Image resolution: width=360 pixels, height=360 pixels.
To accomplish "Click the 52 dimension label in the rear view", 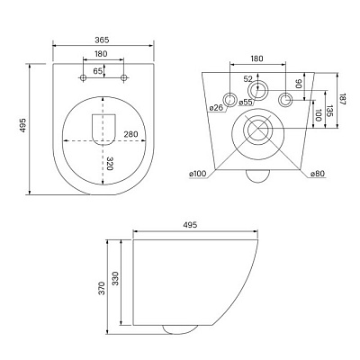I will [x=248, y=79].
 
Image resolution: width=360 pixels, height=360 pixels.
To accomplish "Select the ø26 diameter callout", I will [x=216, y=109].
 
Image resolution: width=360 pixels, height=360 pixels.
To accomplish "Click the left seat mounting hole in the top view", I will [x=83, y=79].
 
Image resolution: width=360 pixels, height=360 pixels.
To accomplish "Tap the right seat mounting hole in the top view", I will [x=124, y=79].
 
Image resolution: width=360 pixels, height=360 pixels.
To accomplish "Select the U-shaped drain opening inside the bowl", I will [x=103, y=130].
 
